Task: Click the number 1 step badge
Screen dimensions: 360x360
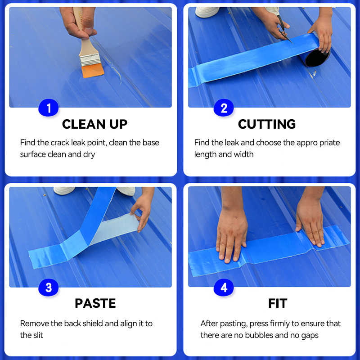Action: pyautogui.click(x=49, y=108)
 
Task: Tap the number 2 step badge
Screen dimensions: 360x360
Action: pyautogui.click(x=224, y=108)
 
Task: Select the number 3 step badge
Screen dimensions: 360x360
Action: pyautogui.click(x=49, y=288)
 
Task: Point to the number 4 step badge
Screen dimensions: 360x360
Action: pyautogui.click(x=224, y=288)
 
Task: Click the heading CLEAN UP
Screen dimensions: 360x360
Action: pyautogui.click(x=94, y=124)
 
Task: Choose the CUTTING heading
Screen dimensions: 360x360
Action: pyautogui.click(x=267, y=124)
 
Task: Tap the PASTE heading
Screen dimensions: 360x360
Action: pyautogui.click(x=95, y=303)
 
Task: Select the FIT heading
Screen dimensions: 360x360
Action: pyautogui.click(x=277, y=303)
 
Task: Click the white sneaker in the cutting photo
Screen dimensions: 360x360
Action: pyautogui.click(x=207, y=11)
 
